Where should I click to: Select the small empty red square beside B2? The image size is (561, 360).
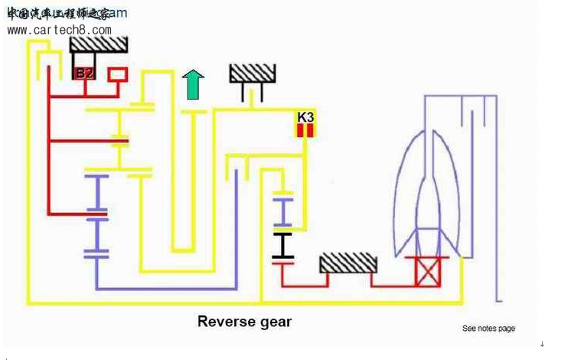pos(118,74)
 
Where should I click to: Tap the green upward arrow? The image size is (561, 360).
pos(193,83)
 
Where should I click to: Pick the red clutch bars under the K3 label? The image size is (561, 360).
pos(306,130)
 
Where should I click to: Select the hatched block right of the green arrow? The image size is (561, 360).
pos(252,73)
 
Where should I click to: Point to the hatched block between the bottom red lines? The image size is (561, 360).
pos(348,263)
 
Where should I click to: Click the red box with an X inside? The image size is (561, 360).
pos(426,270)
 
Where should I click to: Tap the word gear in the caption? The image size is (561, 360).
pos(274,322)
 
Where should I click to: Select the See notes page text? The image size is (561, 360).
pos(488,329)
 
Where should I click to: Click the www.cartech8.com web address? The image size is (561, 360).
pos(59,30)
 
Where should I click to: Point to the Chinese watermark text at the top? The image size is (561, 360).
pos(57,13)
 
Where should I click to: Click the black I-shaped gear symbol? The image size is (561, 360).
pos(283,247)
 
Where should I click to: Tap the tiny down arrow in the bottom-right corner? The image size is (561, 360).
pos(542,344)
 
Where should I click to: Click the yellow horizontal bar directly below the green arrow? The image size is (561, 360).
pos(193,112)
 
